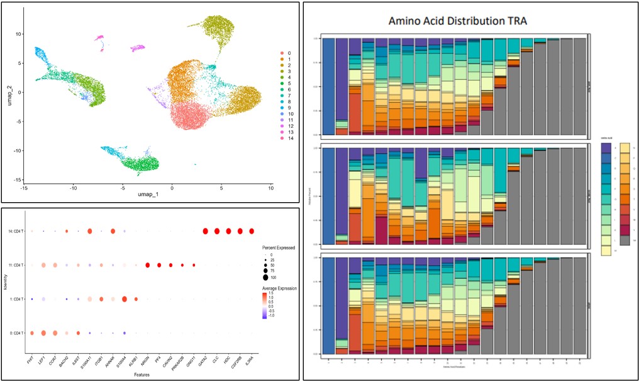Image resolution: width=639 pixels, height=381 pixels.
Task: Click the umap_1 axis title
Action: pos(147,195)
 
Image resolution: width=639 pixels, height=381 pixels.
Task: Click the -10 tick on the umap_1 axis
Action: pos(73,188)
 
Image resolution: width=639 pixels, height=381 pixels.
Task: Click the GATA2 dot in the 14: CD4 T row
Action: pos(205,232)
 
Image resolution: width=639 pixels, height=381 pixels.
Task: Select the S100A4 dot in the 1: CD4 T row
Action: pos(125,299)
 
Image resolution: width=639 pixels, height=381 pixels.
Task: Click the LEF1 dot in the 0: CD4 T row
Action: pos(43,333)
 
